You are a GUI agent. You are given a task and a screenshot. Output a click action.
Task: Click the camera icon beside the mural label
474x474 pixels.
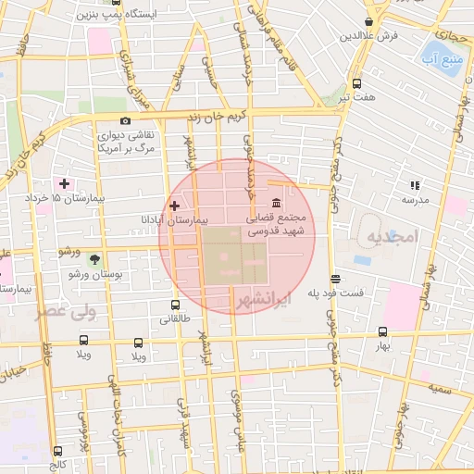pyautogui.click(x=126, y=120)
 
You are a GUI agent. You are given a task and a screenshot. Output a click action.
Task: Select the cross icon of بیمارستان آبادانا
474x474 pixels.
pyautogui.click(x=174, y=205)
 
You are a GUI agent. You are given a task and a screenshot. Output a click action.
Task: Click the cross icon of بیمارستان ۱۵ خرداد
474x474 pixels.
pyautogui.click(x=63, y=182)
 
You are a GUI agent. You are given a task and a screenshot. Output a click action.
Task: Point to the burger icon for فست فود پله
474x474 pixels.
pyautogui.click(x=334, y=278)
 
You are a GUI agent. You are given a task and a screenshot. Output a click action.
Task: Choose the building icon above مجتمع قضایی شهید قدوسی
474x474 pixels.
pyautogui.click(x=277, y=204)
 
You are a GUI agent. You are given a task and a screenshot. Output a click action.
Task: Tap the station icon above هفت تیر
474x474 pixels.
pyautogui.click(x=357, y=82)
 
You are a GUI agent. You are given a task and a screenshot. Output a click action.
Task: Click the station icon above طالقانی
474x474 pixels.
pyautogui.click(x=175, y=305)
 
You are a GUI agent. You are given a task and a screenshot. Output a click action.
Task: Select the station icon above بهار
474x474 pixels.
pyautogui.click(x=382, y=331)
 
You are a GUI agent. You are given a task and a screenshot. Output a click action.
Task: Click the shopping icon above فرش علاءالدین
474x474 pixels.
pyautogui.click(x=369, y=21)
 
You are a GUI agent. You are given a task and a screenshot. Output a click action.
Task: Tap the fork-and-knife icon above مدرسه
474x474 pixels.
pyautogui.click(x=415, y=185)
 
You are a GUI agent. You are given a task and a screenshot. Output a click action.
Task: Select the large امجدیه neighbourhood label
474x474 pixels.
pyautogui.click(x=392, y=238)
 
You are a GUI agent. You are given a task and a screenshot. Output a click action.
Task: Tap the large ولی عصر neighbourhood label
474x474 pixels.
pyautogui.click(x=66, y=312)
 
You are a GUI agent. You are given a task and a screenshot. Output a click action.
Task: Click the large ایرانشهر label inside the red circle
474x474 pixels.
pyautogui.click(x=264, y=300)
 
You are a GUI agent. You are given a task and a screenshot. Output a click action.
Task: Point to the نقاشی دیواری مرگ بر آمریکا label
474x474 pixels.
pyautogui.click(x=126, y=142)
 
